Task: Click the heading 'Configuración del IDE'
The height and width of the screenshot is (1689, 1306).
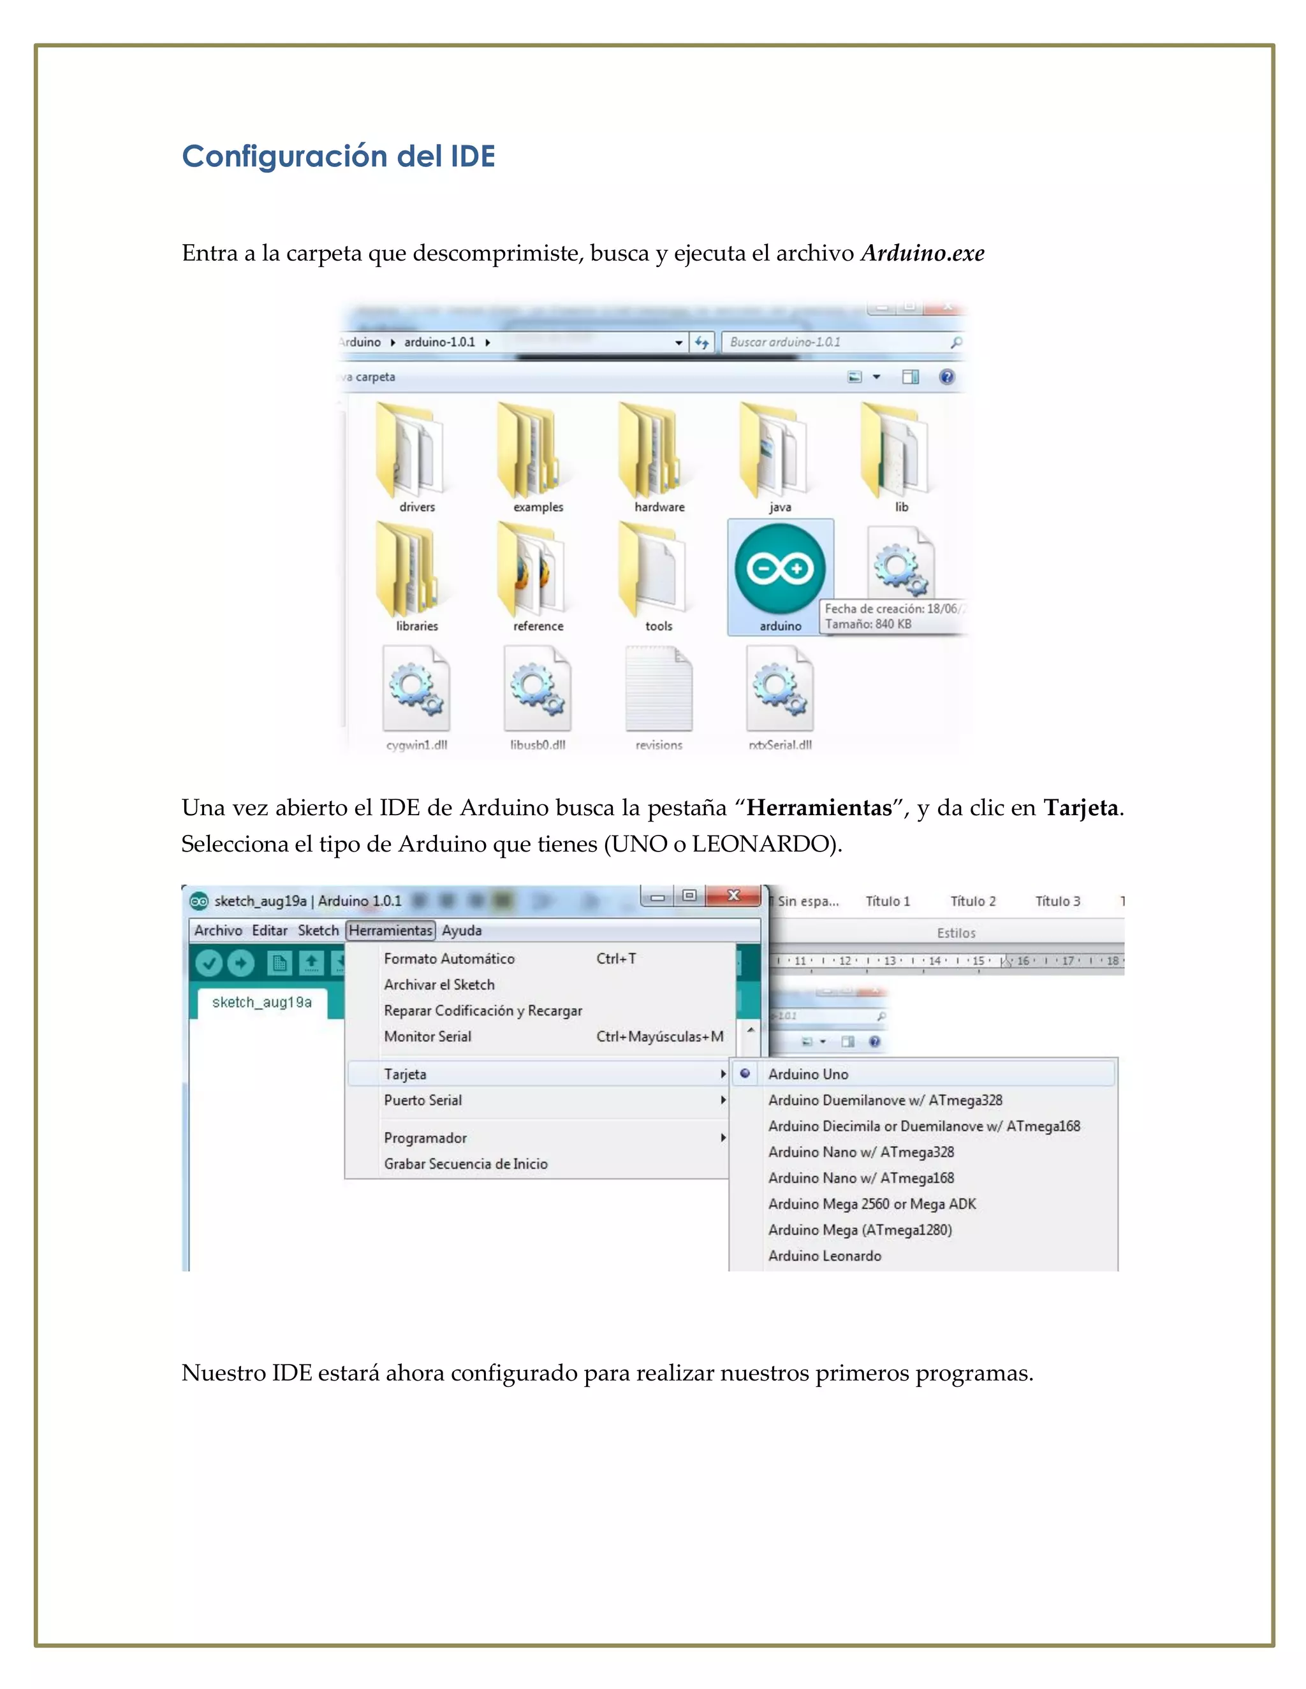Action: (338, 156)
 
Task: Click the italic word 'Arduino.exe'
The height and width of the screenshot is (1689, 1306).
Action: (922, 253)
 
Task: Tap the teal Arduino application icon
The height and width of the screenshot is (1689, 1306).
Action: (780, 569)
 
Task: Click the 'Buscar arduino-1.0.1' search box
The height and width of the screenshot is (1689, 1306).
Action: (835, 342)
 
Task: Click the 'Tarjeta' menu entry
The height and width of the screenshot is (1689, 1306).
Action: (406, 1074)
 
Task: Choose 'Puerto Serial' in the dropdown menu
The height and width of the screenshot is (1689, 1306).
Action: (423, 1099)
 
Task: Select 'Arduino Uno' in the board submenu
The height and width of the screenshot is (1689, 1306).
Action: (809, 1074)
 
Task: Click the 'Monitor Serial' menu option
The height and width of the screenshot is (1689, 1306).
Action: (428, 1036)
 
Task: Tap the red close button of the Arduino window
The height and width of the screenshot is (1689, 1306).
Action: (733, 895)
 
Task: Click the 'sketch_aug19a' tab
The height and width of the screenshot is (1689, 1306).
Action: (261, 1003)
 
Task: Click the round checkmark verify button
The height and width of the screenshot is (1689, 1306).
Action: (209, 963)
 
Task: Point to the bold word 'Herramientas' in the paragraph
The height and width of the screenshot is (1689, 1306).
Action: (819, 808)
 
